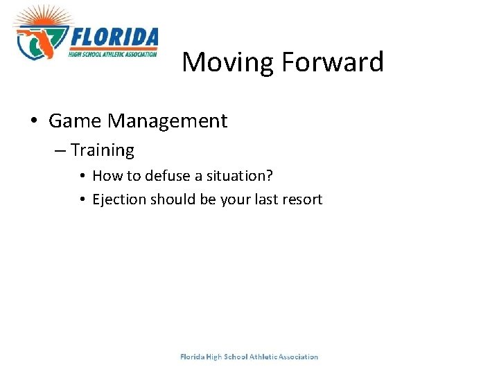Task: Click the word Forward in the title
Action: pos(332,62)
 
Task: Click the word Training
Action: pos(103,150)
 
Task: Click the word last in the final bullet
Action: pos(265,199)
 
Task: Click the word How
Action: pos(105,176)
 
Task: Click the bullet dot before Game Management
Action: pos(34,122)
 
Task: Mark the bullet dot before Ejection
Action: pos(82,200)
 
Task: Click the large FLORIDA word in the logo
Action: pos(114,37)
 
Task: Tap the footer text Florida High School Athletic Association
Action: pos(249,357)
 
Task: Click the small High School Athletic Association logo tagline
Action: pos(113,53)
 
